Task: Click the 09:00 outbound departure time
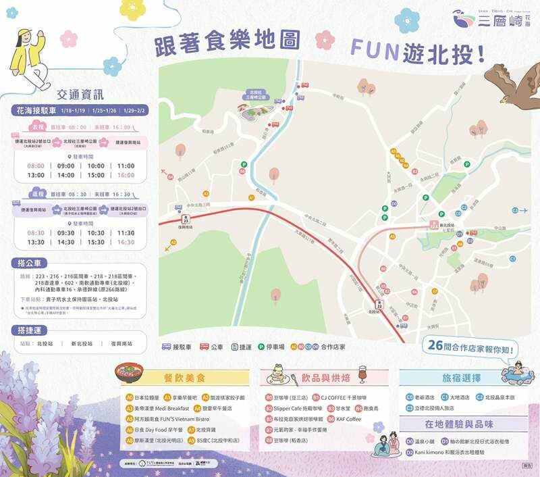[66, 166]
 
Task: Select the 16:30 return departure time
[126, 242]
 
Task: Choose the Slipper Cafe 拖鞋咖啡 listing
[298, 409]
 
